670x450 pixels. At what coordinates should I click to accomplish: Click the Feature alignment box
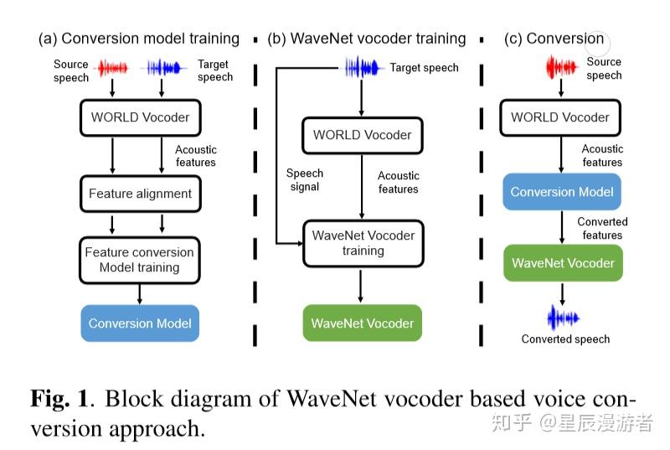pos(140,194)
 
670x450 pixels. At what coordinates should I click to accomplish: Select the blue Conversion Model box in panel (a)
pos(140,323)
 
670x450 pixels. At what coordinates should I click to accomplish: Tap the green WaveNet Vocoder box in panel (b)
pos(362,323)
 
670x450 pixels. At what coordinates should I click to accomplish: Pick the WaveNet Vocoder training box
pos(363,243)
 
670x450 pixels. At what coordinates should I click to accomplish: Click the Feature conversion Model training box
pos(140,260)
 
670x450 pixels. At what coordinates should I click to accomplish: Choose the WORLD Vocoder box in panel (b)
pos(363,135)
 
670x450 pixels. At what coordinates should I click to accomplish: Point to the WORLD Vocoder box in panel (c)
pos(560,117)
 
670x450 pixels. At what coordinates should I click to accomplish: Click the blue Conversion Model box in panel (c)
pos(562,192)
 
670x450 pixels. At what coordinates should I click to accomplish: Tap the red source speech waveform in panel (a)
pos(114,67)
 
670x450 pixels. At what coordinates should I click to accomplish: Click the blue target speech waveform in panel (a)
pos(164,67)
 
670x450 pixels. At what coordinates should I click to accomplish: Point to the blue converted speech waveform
pos(563,317)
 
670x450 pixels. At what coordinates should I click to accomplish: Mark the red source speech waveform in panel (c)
pos(561,67)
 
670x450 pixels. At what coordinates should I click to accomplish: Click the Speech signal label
pos(304,179)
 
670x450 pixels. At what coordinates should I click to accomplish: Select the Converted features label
pos(602,228)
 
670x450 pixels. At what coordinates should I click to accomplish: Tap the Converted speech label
pos(565,339)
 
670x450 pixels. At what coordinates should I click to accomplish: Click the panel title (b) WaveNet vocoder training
pos(366,39)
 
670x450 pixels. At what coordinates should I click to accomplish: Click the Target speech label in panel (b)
pos(424,68)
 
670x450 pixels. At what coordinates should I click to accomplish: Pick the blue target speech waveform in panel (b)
pos(363,67)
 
